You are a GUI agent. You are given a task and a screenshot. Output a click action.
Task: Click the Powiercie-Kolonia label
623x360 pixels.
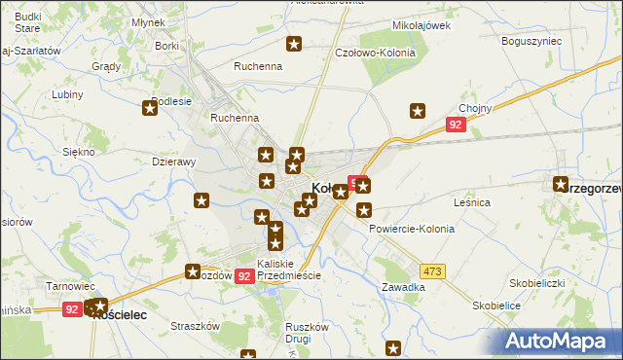[x=412, y=229]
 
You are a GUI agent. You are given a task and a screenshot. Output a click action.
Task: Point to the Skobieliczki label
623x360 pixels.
[x=537, y=283]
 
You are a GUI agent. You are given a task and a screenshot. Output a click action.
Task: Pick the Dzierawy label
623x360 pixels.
[x=175, y=162]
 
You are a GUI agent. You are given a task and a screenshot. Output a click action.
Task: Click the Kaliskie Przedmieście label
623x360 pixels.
[x=288, y=270]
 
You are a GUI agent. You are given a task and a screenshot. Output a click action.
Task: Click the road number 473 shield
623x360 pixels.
[x=433, y=270]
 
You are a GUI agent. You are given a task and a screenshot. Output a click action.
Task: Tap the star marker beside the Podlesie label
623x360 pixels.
[x=152, y=109]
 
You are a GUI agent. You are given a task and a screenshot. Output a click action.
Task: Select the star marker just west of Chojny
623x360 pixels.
[x=418, y=111]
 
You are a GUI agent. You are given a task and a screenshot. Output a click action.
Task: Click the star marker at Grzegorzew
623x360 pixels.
[x=561, y=184]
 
